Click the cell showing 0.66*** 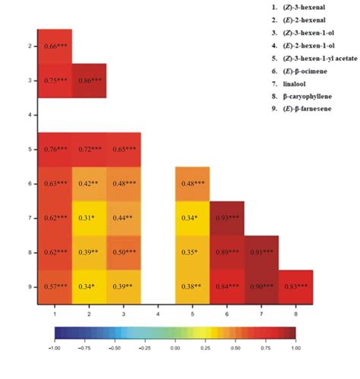click(55, 46)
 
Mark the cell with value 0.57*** click(55, 287)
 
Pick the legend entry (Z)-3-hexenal click(307, 6)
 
